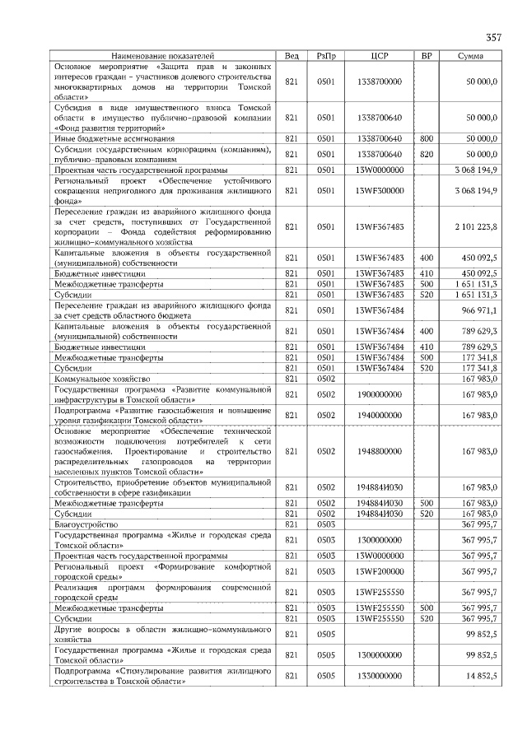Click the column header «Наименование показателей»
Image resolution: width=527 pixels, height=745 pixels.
click(x=165, y=55)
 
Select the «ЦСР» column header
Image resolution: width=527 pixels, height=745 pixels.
click(x=380, y=55)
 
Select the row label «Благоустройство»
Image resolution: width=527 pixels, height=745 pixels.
click(x=86, y=524)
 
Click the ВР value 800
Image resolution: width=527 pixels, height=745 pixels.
click(x=427, y=138)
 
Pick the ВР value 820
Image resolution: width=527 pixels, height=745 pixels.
click(x=427, y=154)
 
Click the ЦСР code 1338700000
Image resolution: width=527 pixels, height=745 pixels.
click(x=380, y=82)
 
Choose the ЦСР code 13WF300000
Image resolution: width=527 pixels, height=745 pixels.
click(x=380, y=190)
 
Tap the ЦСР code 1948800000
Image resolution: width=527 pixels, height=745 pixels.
click(x=380, y=451)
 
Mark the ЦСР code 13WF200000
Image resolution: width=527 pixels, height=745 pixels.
click(x=380, y=571)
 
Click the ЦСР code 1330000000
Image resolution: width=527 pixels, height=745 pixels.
click(x=380, y=675)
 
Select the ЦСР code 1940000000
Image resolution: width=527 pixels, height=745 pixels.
click(x=380, y=415)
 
